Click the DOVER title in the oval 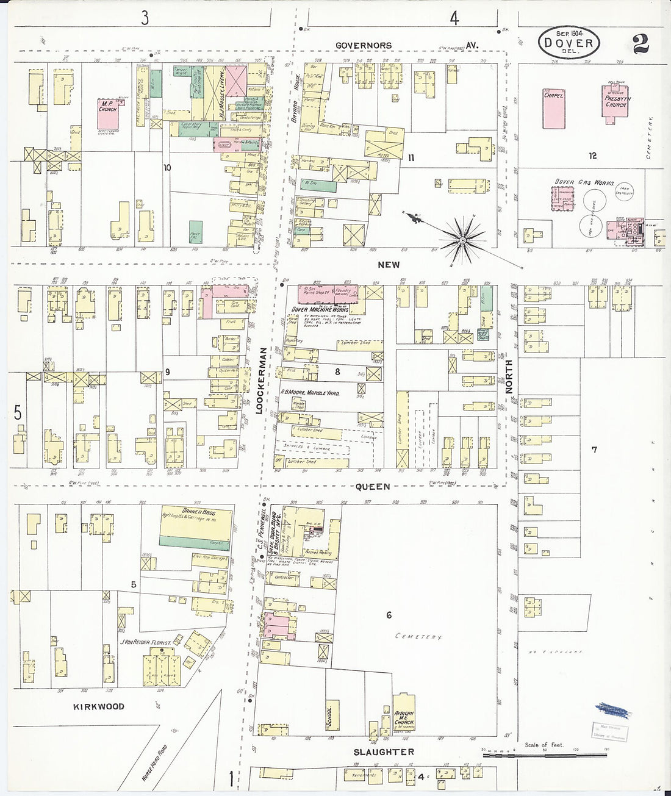pos(569,43)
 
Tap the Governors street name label pos(364,45)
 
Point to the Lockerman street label pos(260,381)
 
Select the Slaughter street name pos(384,752)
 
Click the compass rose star pos(462,240)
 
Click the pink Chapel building pos(554,107)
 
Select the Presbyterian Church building pos(617,104)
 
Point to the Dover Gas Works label pos(584,182)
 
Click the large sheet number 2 pos(640,44)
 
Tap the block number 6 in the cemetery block pos(389,615)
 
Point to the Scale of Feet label pos(544,745)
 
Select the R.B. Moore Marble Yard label pos(310,393)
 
